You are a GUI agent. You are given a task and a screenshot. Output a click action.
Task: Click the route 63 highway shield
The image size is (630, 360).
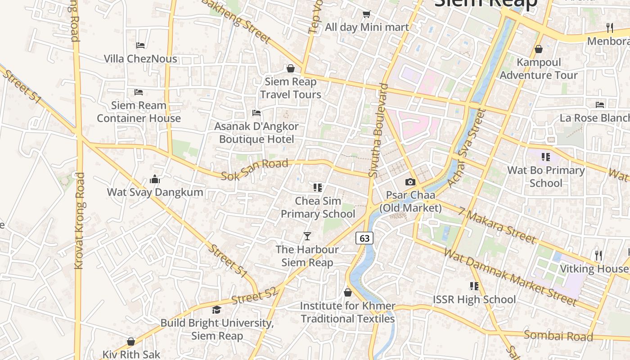tap(364, 238)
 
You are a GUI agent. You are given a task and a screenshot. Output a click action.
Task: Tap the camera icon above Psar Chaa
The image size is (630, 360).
tap(410, 182)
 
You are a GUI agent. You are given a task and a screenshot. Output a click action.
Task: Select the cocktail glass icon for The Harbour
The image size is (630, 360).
tap(307, 236)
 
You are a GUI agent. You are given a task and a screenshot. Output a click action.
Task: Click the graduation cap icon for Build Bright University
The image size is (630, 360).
tap(217, 310)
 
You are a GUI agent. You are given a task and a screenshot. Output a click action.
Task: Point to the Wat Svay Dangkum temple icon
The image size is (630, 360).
tap(155, 180)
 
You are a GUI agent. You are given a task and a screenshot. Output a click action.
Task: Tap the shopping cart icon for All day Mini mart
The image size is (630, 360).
tap(366, 14)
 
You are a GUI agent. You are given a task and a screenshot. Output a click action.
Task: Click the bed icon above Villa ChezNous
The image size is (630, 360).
tap(140, 45)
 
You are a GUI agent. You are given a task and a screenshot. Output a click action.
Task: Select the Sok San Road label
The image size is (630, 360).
tap(255, 169)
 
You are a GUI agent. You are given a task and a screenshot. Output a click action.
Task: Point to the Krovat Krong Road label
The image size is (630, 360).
tap(79, 220)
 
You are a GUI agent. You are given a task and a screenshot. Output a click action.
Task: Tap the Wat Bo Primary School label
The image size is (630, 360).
tap(546, 176)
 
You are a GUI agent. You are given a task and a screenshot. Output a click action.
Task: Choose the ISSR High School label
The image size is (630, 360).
tap(474, 299)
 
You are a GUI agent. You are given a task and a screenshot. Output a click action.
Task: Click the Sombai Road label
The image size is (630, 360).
tap(558, 336)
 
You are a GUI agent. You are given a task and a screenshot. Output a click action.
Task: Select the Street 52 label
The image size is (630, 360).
tap(255, 296)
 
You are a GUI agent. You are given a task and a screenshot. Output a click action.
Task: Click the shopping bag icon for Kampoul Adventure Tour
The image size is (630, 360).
tap(538, 49)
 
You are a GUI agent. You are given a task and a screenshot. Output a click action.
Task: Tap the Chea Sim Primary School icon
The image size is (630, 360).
tap(318, 187)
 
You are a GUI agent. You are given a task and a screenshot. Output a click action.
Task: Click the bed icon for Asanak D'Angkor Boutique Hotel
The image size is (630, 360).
tap(256, 112)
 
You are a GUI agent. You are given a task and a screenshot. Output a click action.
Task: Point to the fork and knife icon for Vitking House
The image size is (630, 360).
tap(598, 255)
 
